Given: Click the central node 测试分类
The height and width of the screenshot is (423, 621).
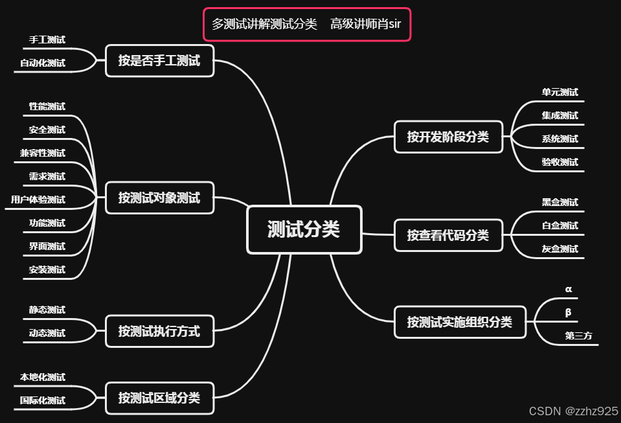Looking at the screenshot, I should pyautogui.click(x=304, y=229).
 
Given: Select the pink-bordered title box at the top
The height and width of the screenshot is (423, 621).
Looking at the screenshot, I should pyautogui.click(x=307, y=25).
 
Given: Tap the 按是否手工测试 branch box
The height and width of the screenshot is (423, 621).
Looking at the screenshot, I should pyautogui.click(x=159, y=61).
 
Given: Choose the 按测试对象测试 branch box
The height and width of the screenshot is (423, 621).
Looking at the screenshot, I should pyautogui.click(x=159, y=198).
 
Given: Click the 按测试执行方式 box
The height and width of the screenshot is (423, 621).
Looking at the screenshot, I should pyautogui.click(x=159, y=332).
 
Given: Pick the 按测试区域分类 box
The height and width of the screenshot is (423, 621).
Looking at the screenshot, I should pyautogui.click(x=159, y=398).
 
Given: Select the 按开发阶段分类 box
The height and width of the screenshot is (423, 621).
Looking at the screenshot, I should pyautogui.click(x=448, y=137).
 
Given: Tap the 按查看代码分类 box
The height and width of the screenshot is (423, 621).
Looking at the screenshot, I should pyautogui.click(x=448, y=235).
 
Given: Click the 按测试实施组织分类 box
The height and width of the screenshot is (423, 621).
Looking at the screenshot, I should pyautogui.click(x=460, y=322).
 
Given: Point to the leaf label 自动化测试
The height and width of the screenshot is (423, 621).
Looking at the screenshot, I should pyautogui.click(x=43, y=63).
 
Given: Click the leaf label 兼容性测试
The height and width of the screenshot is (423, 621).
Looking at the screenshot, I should pyautogui.click(x=43, y=154).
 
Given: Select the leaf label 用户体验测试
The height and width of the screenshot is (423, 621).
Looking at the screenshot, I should pyautogui.click(x=38, y=200).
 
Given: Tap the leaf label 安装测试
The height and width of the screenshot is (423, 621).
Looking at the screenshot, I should pyautogui.click(x=47, y=270).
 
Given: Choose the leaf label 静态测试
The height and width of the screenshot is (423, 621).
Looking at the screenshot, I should pyautogui.click(x=47, y=310).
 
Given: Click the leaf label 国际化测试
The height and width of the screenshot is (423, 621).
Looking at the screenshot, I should pyautogui.click(x=43, y=401).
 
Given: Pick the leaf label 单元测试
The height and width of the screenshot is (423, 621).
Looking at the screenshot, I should pyautogui.click(x=560, y=93).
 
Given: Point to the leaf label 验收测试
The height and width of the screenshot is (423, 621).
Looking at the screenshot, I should pyautogui.click(x=560, y=163).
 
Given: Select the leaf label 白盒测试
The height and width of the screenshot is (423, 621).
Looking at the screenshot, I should pyautogui.click(x=560, y=226).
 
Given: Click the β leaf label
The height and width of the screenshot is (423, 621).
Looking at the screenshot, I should pyautogui.click(x=569, y=312).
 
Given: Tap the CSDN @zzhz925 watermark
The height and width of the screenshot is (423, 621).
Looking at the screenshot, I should pyautogui.click(x=573, y=411).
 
